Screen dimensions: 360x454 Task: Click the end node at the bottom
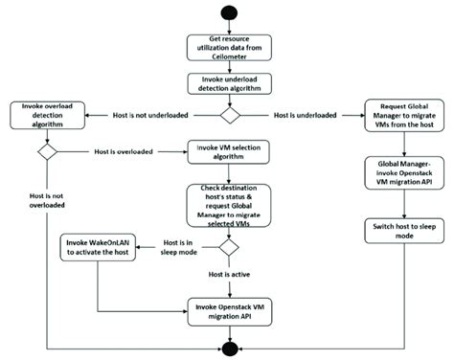[x=228, y=346]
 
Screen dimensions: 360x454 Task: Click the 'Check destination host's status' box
[x=228, y=204]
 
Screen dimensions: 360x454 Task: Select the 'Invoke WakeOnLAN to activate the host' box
[x=96, y=251]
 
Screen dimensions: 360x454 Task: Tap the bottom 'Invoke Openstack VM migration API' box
[x=228, y=309]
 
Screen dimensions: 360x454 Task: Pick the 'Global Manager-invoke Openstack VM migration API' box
[x=401, y=175]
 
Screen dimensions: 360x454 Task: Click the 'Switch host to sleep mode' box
[x=401, y=232]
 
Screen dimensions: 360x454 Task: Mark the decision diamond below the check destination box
[x=228, y=246]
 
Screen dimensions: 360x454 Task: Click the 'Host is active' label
[x=228, y=276]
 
